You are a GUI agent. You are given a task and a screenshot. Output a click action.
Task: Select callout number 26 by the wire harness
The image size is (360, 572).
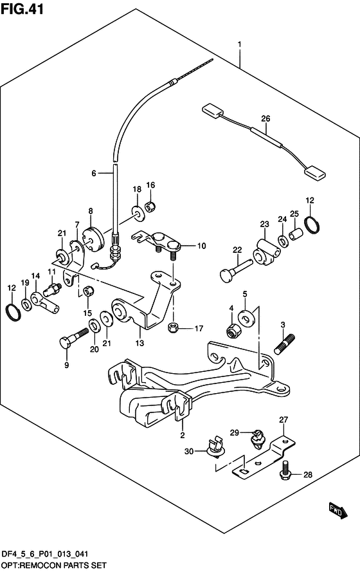click(x=265, y=119)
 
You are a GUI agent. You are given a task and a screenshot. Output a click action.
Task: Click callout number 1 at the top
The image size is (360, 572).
click(x=239, y=46)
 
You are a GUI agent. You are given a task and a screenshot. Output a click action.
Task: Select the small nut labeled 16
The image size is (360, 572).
click(x=151, y=207)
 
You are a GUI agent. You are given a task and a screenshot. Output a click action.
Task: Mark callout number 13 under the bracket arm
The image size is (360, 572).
click(x=139, y=333)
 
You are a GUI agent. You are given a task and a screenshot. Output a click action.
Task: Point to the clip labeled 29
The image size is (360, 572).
click(x=257, y=437)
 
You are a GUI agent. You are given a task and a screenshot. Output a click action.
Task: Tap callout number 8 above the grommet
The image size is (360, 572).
click(x=90, y=210)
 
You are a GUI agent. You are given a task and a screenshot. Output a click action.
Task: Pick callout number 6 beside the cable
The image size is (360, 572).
click(x=93, y=173)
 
